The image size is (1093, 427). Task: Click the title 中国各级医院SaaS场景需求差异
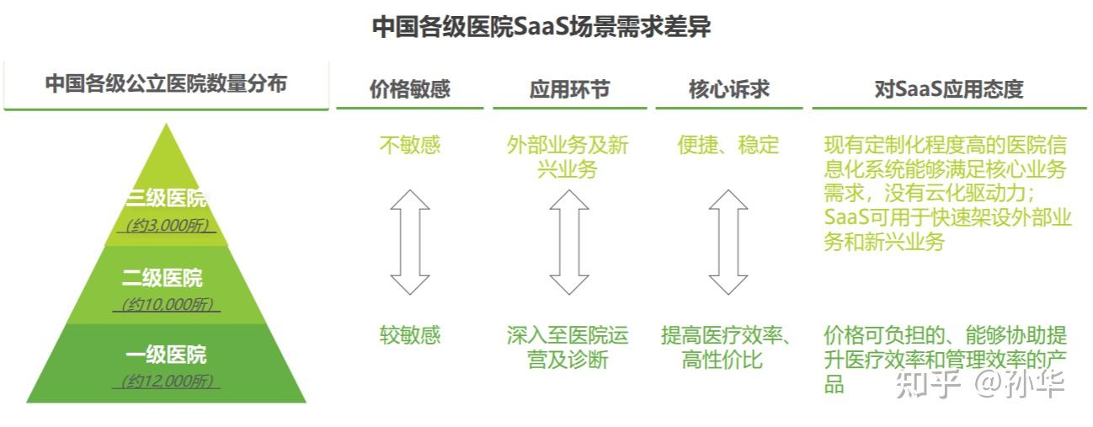click(x=541, y=27)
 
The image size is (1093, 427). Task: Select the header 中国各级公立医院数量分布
click(x=166, y=84)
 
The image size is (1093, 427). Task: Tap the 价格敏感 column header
click(x=410, y=89)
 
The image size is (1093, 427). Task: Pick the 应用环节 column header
click(x=569, y=89)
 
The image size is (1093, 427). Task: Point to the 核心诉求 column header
click(x=728, y=89)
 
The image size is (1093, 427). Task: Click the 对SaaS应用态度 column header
click(x=948, y=89)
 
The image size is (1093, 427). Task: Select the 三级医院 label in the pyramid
click(x=166, y=199)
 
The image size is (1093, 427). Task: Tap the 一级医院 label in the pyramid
click(x=166, y=354)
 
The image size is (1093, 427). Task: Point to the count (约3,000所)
click(x=167, y=226)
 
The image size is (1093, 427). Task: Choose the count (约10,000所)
click(x=167, y=304)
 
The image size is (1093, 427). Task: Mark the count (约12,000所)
click(x=167, y=382)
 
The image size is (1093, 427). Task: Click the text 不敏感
click(x=410, y=145)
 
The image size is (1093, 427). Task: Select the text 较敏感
click(x=410, y=335)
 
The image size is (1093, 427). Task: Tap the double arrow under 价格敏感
click(x=410, y=242)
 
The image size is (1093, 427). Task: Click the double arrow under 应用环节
click(x=569, y=242)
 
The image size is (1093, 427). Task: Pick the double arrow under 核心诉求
click(x=728, y=242)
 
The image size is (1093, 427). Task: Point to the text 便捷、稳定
click(x=728, y=145)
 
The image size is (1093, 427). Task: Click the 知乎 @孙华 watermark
click(x=980, y=383)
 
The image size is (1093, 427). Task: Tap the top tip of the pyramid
click(x=167, y=126)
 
